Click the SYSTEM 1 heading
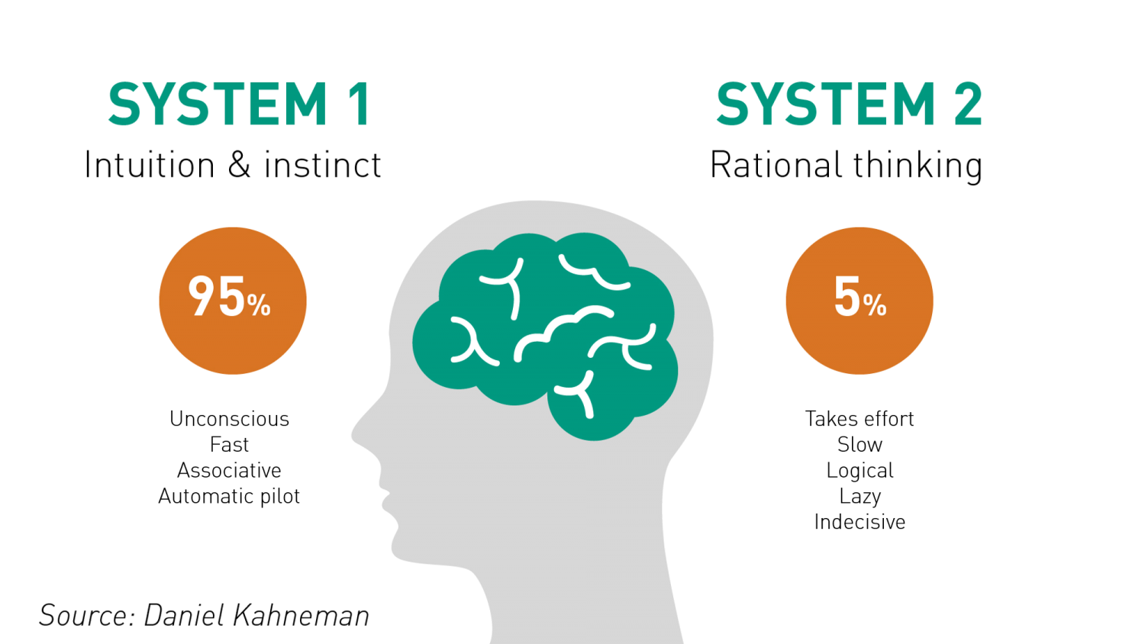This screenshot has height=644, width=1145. (239, 105)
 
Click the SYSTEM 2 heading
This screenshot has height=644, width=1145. (849, 105)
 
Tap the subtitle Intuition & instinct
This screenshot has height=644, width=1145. (233, 165)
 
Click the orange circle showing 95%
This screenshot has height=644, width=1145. (233, 301)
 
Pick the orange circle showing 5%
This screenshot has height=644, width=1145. (860, 301)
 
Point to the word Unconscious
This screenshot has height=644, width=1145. (229, 419)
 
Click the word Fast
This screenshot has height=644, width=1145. (229, 444)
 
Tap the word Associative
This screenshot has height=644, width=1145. (229, 470)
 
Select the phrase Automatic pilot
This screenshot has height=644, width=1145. (229, 496)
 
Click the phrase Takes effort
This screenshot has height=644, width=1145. (860, 419)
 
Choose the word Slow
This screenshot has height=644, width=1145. (860, 444)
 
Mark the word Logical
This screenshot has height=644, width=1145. (860, 471)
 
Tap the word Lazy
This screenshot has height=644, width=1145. (860, 497)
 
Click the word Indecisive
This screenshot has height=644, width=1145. (860, 522)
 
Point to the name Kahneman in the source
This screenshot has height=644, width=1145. (301, 615)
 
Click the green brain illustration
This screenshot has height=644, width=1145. (546, 336)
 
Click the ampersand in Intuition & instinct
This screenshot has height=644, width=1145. (239, 165)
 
